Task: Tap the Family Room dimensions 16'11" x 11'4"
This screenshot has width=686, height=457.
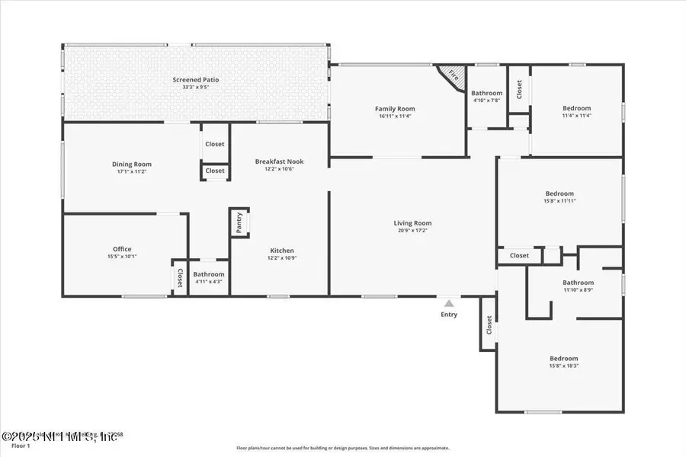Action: click(395, 117)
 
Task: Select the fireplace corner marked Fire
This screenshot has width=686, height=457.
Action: click(453, 76)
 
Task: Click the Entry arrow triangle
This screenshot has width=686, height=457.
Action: click(449, 303)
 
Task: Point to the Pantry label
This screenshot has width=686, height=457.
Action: click(239, 223)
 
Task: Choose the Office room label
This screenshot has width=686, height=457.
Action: click(122, 249)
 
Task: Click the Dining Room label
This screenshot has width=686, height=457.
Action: click(132, 164)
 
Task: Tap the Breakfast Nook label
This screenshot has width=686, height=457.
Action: click(275, 161)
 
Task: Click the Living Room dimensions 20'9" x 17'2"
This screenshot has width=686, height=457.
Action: click(414, 231)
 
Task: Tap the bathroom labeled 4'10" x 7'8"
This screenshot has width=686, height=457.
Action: click(486, 97)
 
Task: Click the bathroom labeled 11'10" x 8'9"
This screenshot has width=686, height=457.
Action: click(578, 286)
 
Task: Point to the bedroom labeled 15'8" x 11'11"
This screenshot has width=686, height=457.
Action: click(559, 197)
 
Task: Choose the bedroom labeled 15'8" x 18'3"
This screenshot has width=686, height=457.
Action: click(564, 363)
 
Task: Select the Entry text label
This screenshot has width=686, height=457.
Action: click(449, 314)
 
